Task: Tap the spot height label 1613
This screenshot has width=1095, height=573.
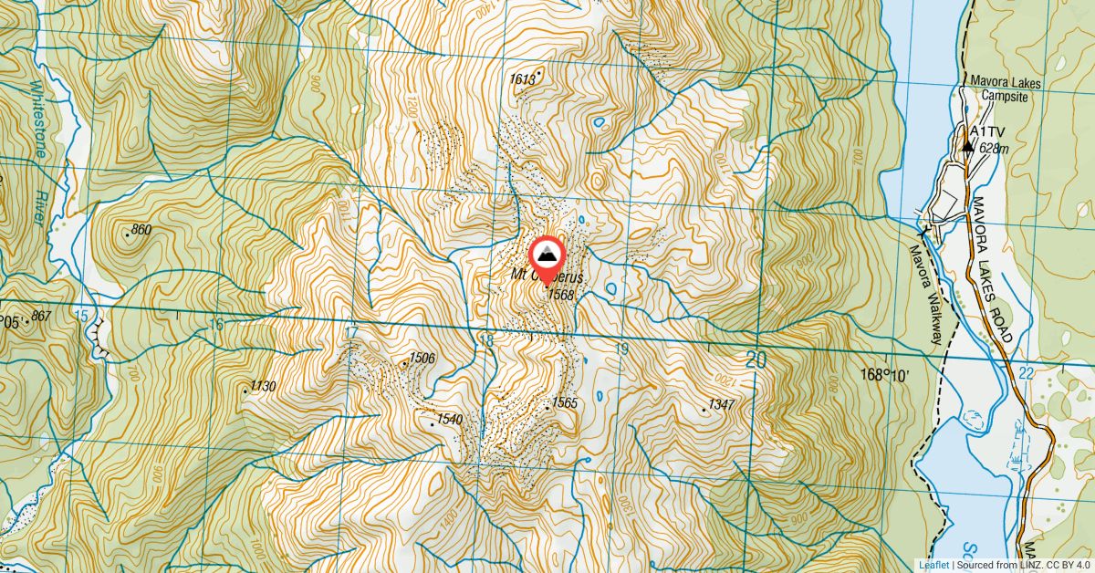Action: point(523,80)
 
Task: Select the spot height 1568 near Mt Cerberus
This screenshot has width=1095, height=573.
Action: point(560,294)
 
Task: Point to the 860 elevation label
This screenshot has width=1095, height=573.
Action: point(141,230)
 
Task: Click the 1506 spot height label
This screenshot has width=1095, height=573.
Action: point(422,358)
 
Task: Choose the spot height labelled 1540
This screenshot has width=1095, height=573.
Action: point(450,420)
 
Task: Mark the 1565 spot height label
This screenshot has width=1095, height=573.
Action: point(565,403)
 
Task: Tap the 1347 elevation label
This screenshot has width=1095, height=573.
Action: point(721,403)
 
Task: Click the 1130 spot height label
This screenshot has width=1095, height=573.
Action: point(262,387)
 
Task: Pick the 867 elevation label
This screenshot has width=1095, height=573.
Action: point(41,317)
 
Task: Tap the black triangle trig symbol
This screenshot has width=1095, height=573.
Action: point(967,144)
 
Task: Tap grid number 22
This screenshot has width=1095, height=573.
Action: point(1027,372)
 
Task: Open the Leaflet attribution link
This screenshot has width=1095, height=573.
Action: point(933,565)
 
